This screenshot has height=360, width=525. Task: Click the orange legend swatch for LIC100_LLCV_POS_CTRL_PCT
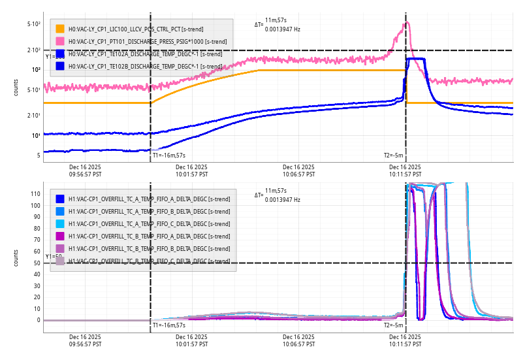[60, 29]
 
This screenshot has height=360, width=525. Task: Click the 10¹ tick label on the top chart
[35, 135]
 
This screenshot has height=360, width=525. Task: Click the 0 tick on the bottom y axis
[39, 320]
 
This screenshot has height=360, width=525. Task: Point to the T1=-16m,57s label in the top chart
[169, 155]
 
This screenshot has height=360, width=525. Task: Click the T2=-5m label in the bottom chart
[394, 325]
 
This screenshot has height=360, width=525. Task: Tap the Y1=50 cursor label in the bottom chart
[54, 257]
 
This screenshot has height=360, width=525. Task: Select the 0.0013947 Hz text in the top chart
[283, 29]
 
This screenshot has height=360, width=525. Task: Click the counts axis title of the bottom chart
[16, 257]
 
